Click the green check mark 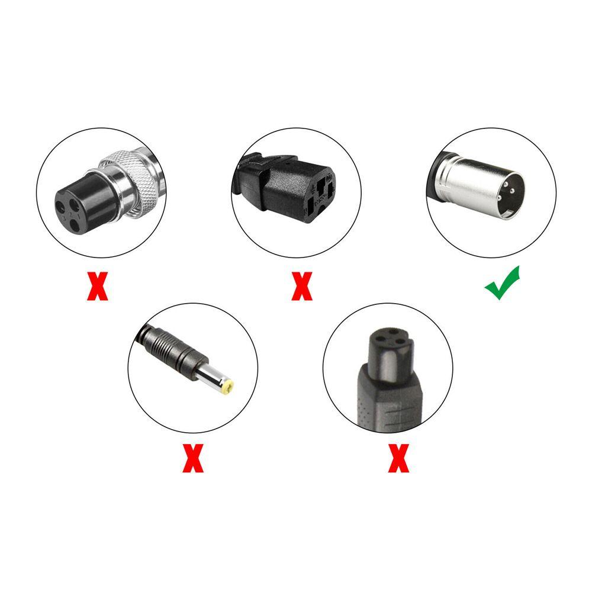tap(502, 282)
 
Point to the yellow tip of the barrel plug tap(227, 387)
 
